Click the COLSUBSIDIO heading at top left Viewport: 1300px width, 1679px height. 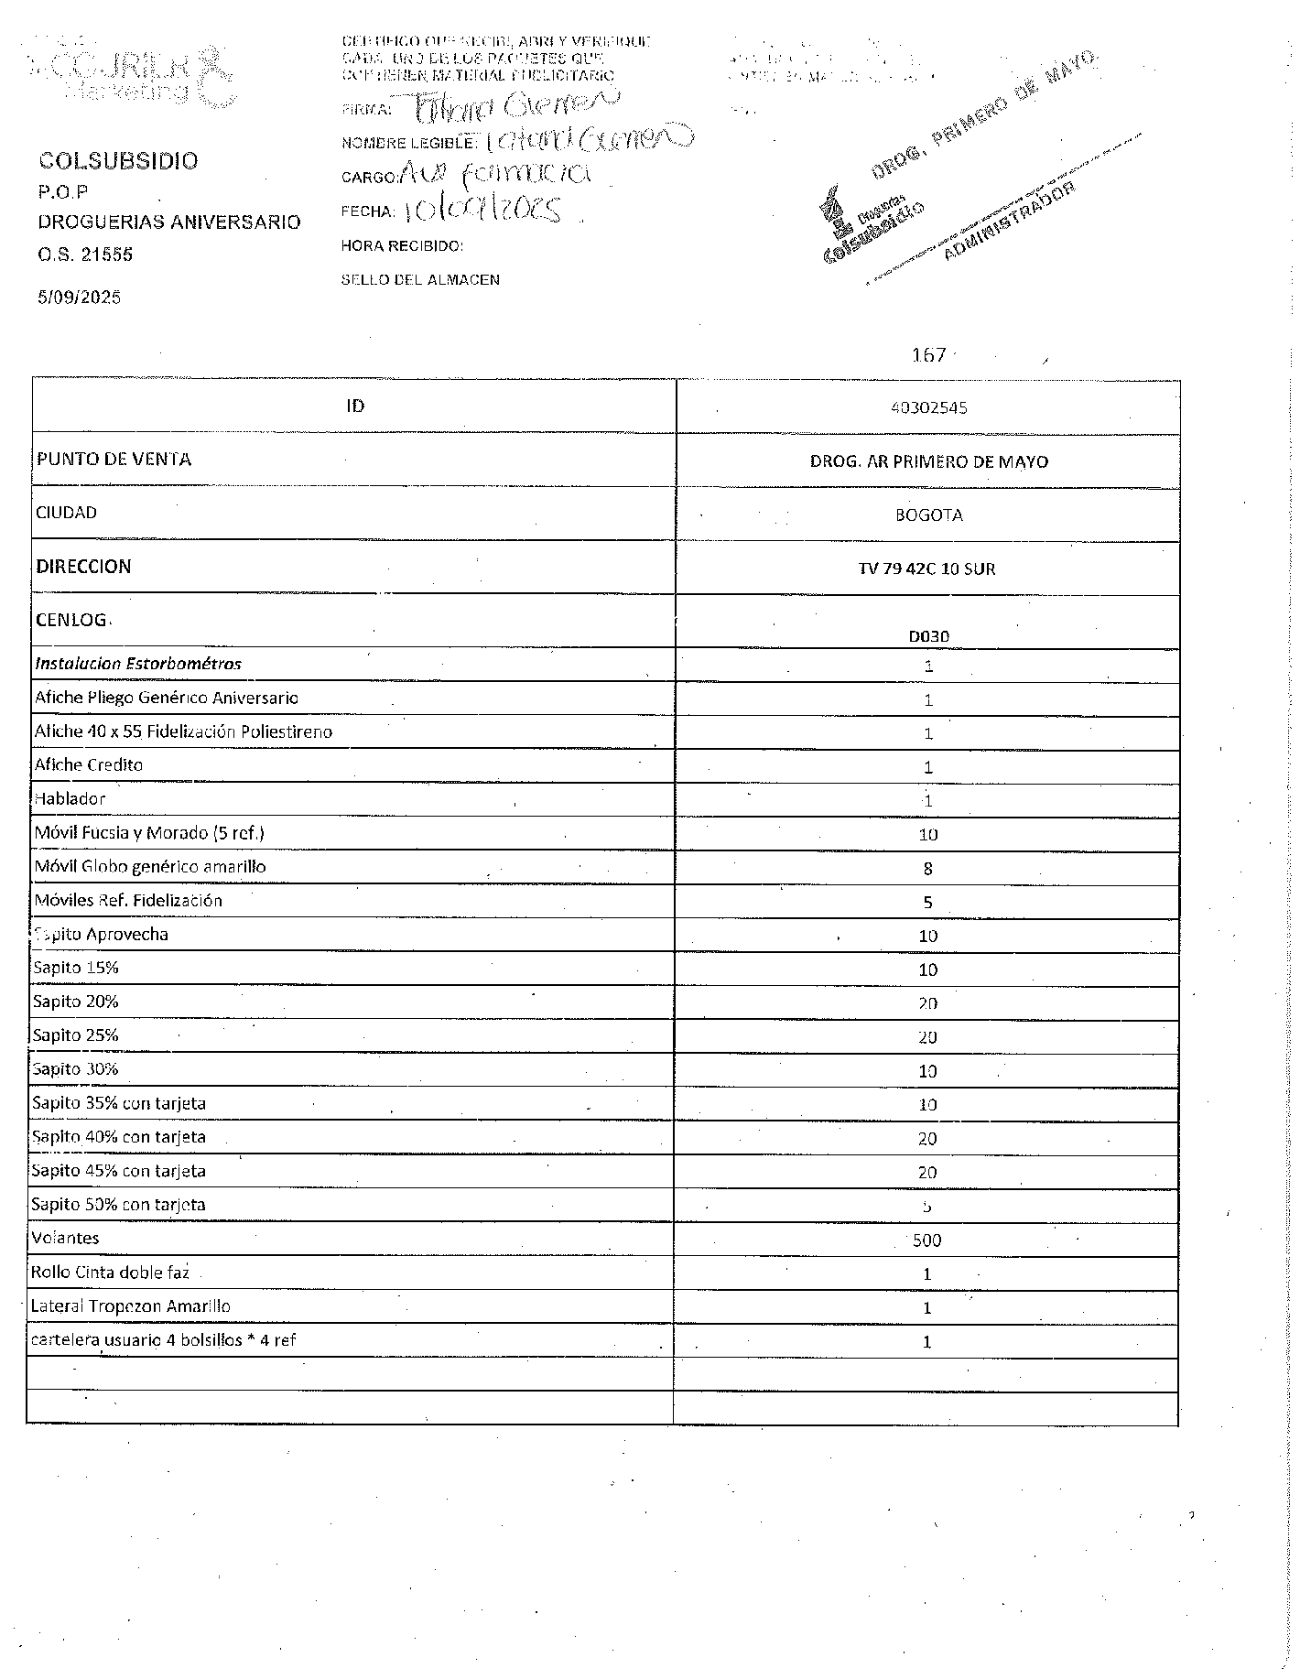click(x=118, y=161)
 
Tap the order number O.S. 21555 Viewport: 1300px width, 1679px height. click(x=85, y=255)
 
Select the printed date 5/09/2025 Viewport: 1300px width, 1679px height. click(x=79, y=297)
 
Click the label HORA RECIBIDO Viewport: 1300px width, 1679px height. click(x=402, y=245)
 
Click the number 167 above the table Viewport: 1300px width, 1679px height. click(x=928, y=355)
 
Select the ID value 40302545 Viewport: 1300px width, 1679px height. click(x=928, y=407)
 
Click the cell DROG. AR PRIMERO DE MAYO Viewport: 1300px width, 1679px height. click(x=928, y=461)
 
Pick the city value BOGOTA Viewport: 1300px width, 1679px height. click(x=928, y=515)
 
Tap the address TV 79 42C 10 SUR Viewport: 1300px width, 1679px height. click(x=926, y=569)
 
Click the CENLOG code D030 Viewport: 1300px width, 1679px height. click(x=928, y=636)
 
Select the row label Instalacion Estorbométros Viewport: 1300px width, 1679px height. click(x=138, y=664)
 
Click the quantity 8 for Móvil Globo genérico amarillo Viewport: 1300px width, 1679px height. click(x=928, y=869)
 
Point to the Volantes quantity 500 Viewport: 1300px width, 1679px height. click(x=926, y=1240)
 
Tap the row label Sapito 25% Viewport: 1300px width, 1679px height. click(x=75, y=1035)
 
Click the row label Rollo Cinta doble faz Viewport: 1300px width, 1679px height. click(x=111, y=1273)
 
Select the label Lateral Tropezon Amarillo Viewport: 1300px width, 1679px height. click(x=131, y=1306)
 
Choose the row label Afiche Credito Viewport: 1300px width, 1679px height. click(x=89, y=764)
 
